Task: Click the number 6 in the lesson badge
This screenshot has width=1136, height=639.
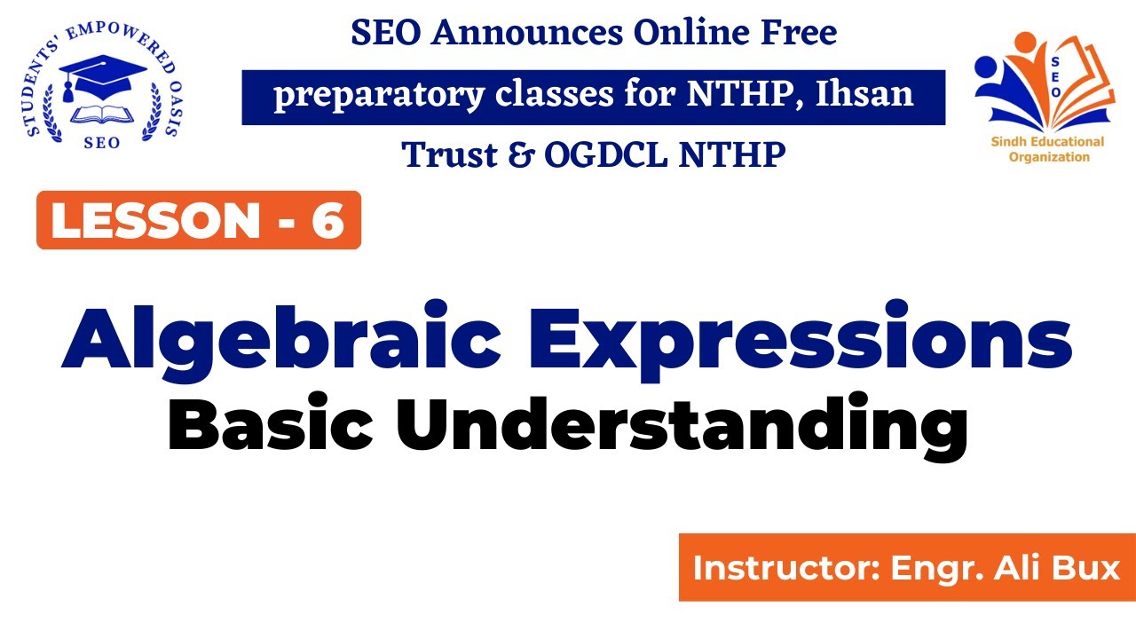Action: coord(327,220)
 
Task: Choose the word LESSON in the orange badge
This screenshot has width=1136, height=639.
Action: coord(152,220)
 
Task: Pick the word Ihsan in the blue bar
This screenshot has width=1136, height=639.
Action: coord(863,94)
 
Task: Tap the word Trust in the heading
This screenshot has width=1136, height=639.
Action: coord(447,155)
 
